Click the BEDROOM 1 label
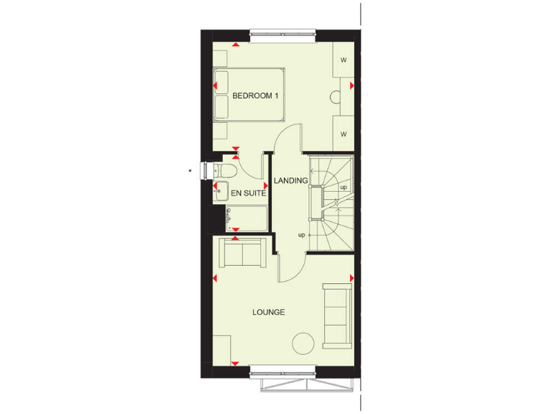[x=256, y=96]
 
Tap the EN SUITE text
[x=249, y=193]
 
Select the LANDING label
[x=290, y=180]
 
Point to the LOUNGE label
[x=268, y=312]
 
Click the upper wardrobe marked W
[x=344, y=60]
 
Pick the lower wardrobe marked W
[x=344, y=134]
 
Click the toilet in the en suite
[x=226, y=171]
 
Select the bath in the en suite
[x=247, y=217]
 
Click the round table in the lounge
[x=303, y=343]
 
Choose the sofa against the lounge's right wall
[x=336, y=313]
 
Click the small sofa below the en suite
[x=243, y=253]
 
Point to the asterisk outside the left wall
[x=190, y=170]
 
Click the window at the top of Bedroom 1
[x=282, y=32]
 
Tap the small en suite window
[x=206, y=170]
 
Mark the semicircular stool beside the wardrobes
[x=336, y=98]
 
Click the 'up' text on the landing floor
[x=302, y=235]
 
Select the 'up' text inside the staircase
[x=344, y=187]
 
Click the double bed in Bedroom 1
[x=249, y=96]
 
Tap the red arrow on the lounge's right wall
[x=351, y=277]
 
